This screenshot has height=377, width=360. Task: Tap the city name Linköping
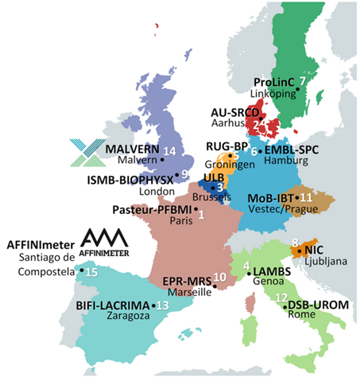coord(273,94)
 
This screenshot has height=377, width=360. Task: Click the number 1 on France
coord(201,214)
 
